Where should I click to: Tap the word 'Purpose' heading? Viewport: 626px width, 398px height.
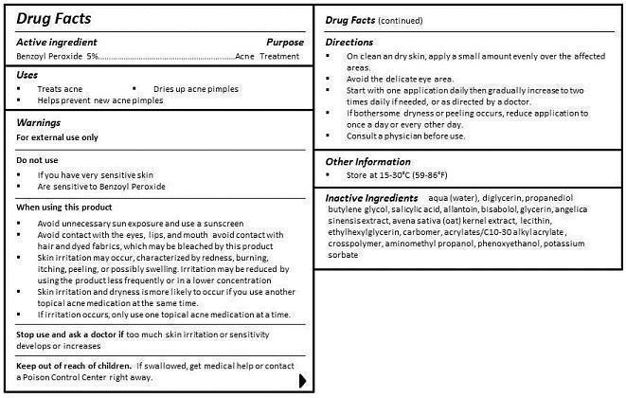(x=285, y=43)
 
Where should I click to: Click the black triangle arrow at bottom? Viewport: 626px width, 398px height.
(x=303, y=381)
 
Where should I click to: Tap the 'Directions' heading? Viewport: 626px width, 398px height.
(x=349, y=43)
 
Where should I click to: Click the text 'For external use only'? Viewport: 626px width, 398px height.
(x=58, y=137)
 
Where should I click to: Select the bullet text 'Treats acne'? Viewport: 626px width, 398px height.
(x=60, y=88)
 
